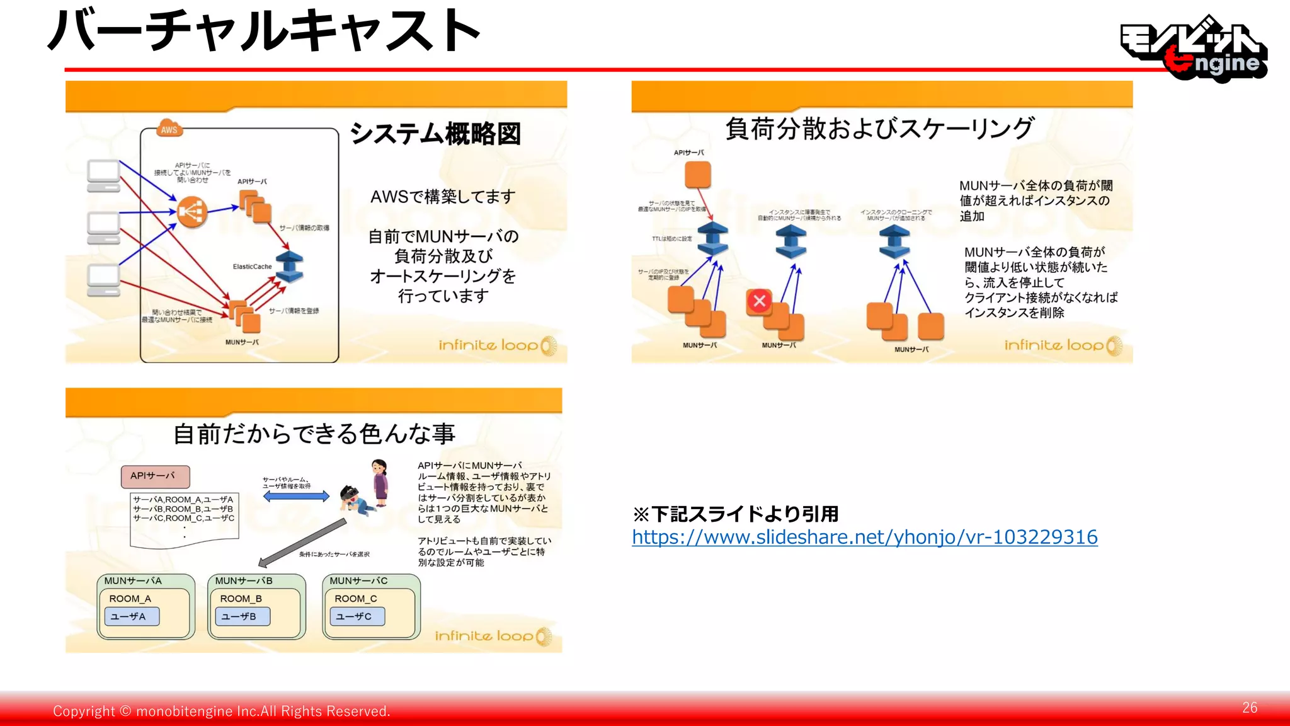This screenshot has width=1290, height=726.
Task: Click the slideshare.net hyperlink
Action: click(864, 537)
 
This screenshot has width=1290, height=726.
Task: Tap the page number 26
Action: click(1250, 708)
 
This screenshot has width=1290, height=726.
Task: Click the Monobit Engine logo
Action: click(1194, 49)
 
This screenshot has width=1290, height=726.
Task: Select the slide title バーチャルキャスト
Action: click(265, 32)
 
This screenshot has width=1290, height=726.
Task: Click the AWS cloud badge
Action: click(169, 129)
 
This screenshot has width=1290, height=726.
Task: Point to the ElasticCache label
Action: click(252, 267)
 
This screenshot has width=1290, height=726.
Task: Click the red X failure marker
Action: click(760, 301)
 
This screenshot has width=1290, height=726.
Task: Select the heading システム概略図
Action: click(435, 134)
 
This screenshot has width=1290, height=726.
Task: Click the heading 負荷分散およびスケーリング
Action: click(879, 129)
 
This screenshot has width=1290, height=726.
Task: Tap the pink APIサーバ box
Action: click(155, 476)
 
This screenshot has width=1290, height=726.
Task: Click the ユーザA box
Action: click(132, 616)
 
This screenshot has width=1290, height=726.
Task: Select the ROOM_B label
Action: click(241, 599)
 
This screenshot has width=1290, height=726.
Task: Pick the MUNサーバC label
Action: click(358, 580)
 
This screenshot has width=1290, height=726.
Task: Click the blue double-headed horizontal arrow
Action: click(296, 497)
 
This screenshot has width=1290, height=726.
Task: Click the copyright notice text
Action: click(221, 711)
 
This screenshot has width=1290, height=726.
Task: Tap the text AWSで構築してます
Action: click(443, 197)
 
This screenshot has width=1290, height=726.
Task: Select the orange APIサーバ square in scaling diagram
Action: click(698, 175)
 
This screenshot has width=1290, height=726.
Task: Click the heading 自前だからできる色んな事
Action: click(314, 434)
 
